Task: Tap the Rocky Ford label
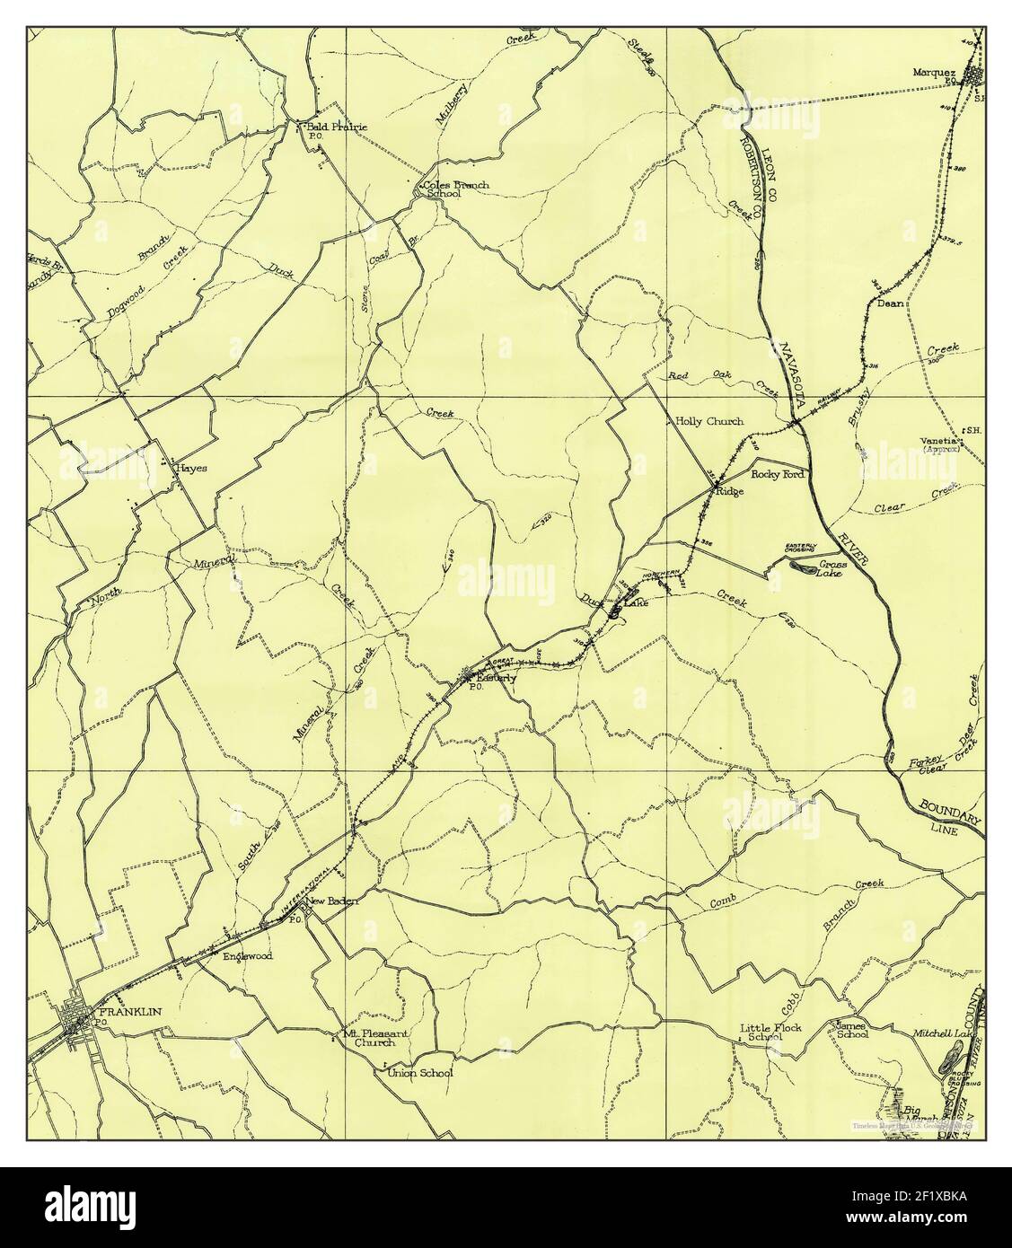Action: pyautogui.click(x=777, y=473)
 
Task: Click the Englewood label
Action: pyautogui.click(x=247, y=956)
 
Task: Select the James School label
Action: pyautogui.click(x=851, y=1029)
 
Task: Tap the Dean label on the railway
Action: pyautogui.click(x=889, y=303)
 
